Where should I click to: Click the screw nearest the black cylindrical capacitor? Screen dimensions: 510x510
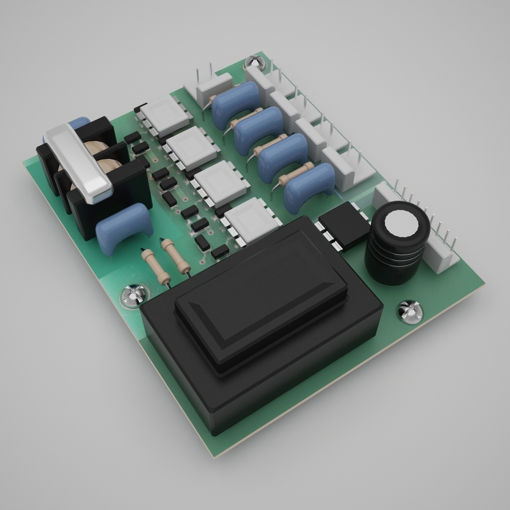(409, 312)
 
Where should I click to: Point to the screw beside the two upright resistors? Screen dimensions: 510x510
(135, 295)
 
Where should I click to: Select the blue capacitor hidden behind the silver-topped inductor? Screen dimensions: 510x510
(79, 124)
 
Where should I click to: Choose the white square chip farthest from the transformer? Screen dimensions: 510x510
(165, 114)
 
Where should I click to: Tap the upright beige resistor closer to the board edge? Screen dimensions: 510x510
(153, 265)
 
